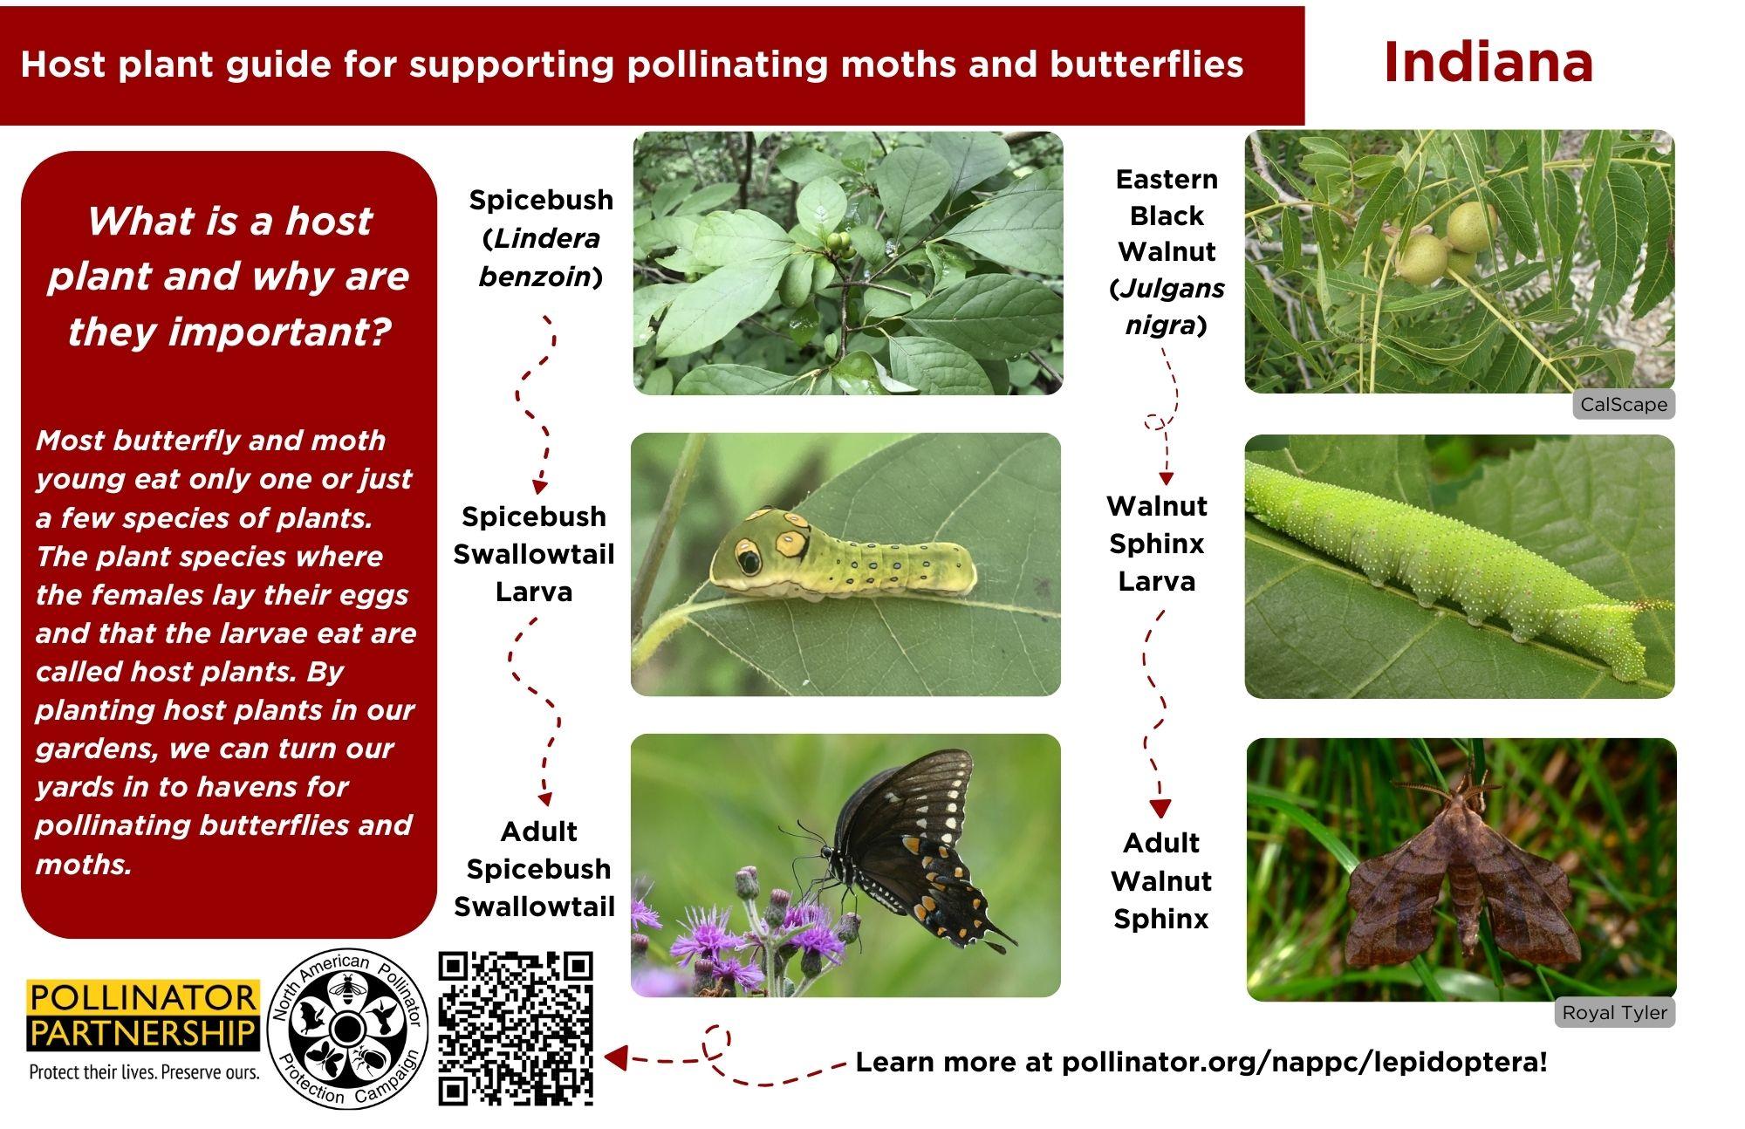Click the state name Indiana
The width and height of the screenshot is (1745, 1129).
[1488, 62]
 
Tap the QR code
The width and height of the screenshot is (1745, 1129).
[516, 1029]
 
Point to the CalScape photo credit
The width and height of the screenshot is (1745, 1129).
[1624, 404]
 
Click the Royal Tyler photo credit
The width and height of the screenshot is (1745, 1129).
[1614, 1012]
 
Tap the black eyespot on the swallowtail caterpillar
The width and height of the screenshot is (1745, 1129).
[748, 557]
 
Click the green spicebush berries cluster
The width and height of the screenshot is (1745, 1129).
[840, 242]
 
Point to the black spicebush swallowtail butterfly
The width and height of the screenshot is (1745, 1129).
[907, 850]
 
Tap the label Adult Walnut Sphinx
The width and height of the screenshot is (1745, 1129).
[1160, 880]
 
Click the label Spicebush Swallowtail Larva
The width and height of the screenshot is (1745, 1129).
[534, 554]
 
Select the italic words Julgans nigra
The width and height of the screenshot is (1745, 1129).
[1167, 306]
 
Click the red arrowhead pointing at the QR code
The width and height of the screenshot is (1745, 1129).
[615, 1058]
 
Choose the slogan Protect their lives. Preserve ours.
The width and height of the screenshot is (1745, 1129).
[144, 1071]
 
